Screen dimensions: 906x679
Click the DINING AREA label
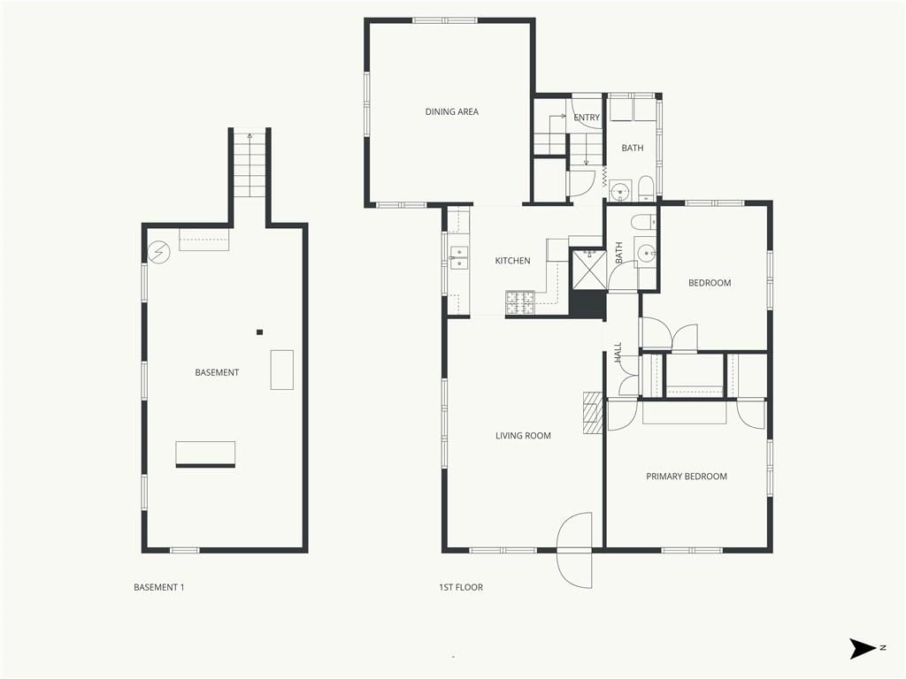click(452, 112)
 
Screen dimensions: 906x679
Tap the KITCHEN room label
click(512, 261)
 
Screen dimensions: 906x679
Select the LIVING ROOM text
click(523, 436)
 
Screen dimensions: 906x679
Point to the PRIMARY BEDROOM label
click(687, 477)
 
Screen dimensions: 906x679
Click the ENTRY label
click(587, 118)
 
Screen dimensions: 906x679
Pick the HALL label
click(618, 352)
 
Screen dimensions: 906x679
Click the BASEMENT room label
click(218, 372)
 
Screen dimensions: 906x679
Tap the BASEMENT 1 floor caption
click(159, 587)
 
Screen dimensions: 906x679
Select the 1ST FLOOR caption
click(460, 587)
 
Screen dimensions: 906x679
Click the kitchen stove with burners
click(520, 303)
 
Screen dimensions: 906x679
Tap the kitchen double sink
click(459, 257)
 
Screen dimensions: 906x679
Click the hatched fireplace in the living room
click(592, 413)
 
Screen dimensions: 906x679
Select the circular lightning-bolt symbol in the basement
click(159, 252)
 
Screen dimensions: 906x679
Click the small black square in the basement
click(260, 332)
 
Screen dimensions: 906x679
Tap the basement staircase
click(250, 164)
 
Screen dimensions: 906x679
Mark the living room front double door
click(574, 550)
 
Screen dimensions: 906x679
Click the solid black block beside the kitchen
click(587, 304)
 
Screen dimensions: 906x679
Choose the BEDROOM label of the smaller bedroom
click(710, 283)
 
